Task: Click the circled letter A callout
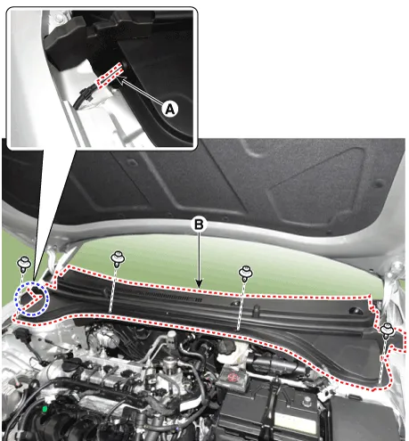pos(170,109)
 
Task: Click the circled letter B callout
pos(199,225)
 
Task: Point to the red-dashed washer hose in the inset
pos(108,75)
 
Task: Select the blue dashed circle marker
pos(32,298)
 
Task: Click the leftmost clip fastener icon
pos(24,265)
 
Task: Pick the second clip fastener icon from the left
pos(118,259)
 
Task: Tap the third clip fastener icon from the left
pos(246,274)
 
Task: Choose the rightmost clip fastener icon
pos(387,331)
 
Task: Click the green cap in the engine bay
pos(45,410)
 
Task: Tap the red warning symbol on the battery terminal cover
pos(232,377)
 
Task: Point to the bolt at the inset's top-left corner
pos(61,19)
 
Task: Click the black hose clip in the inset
pos(86,94)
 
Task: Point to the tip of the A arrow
pos(118,78)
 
